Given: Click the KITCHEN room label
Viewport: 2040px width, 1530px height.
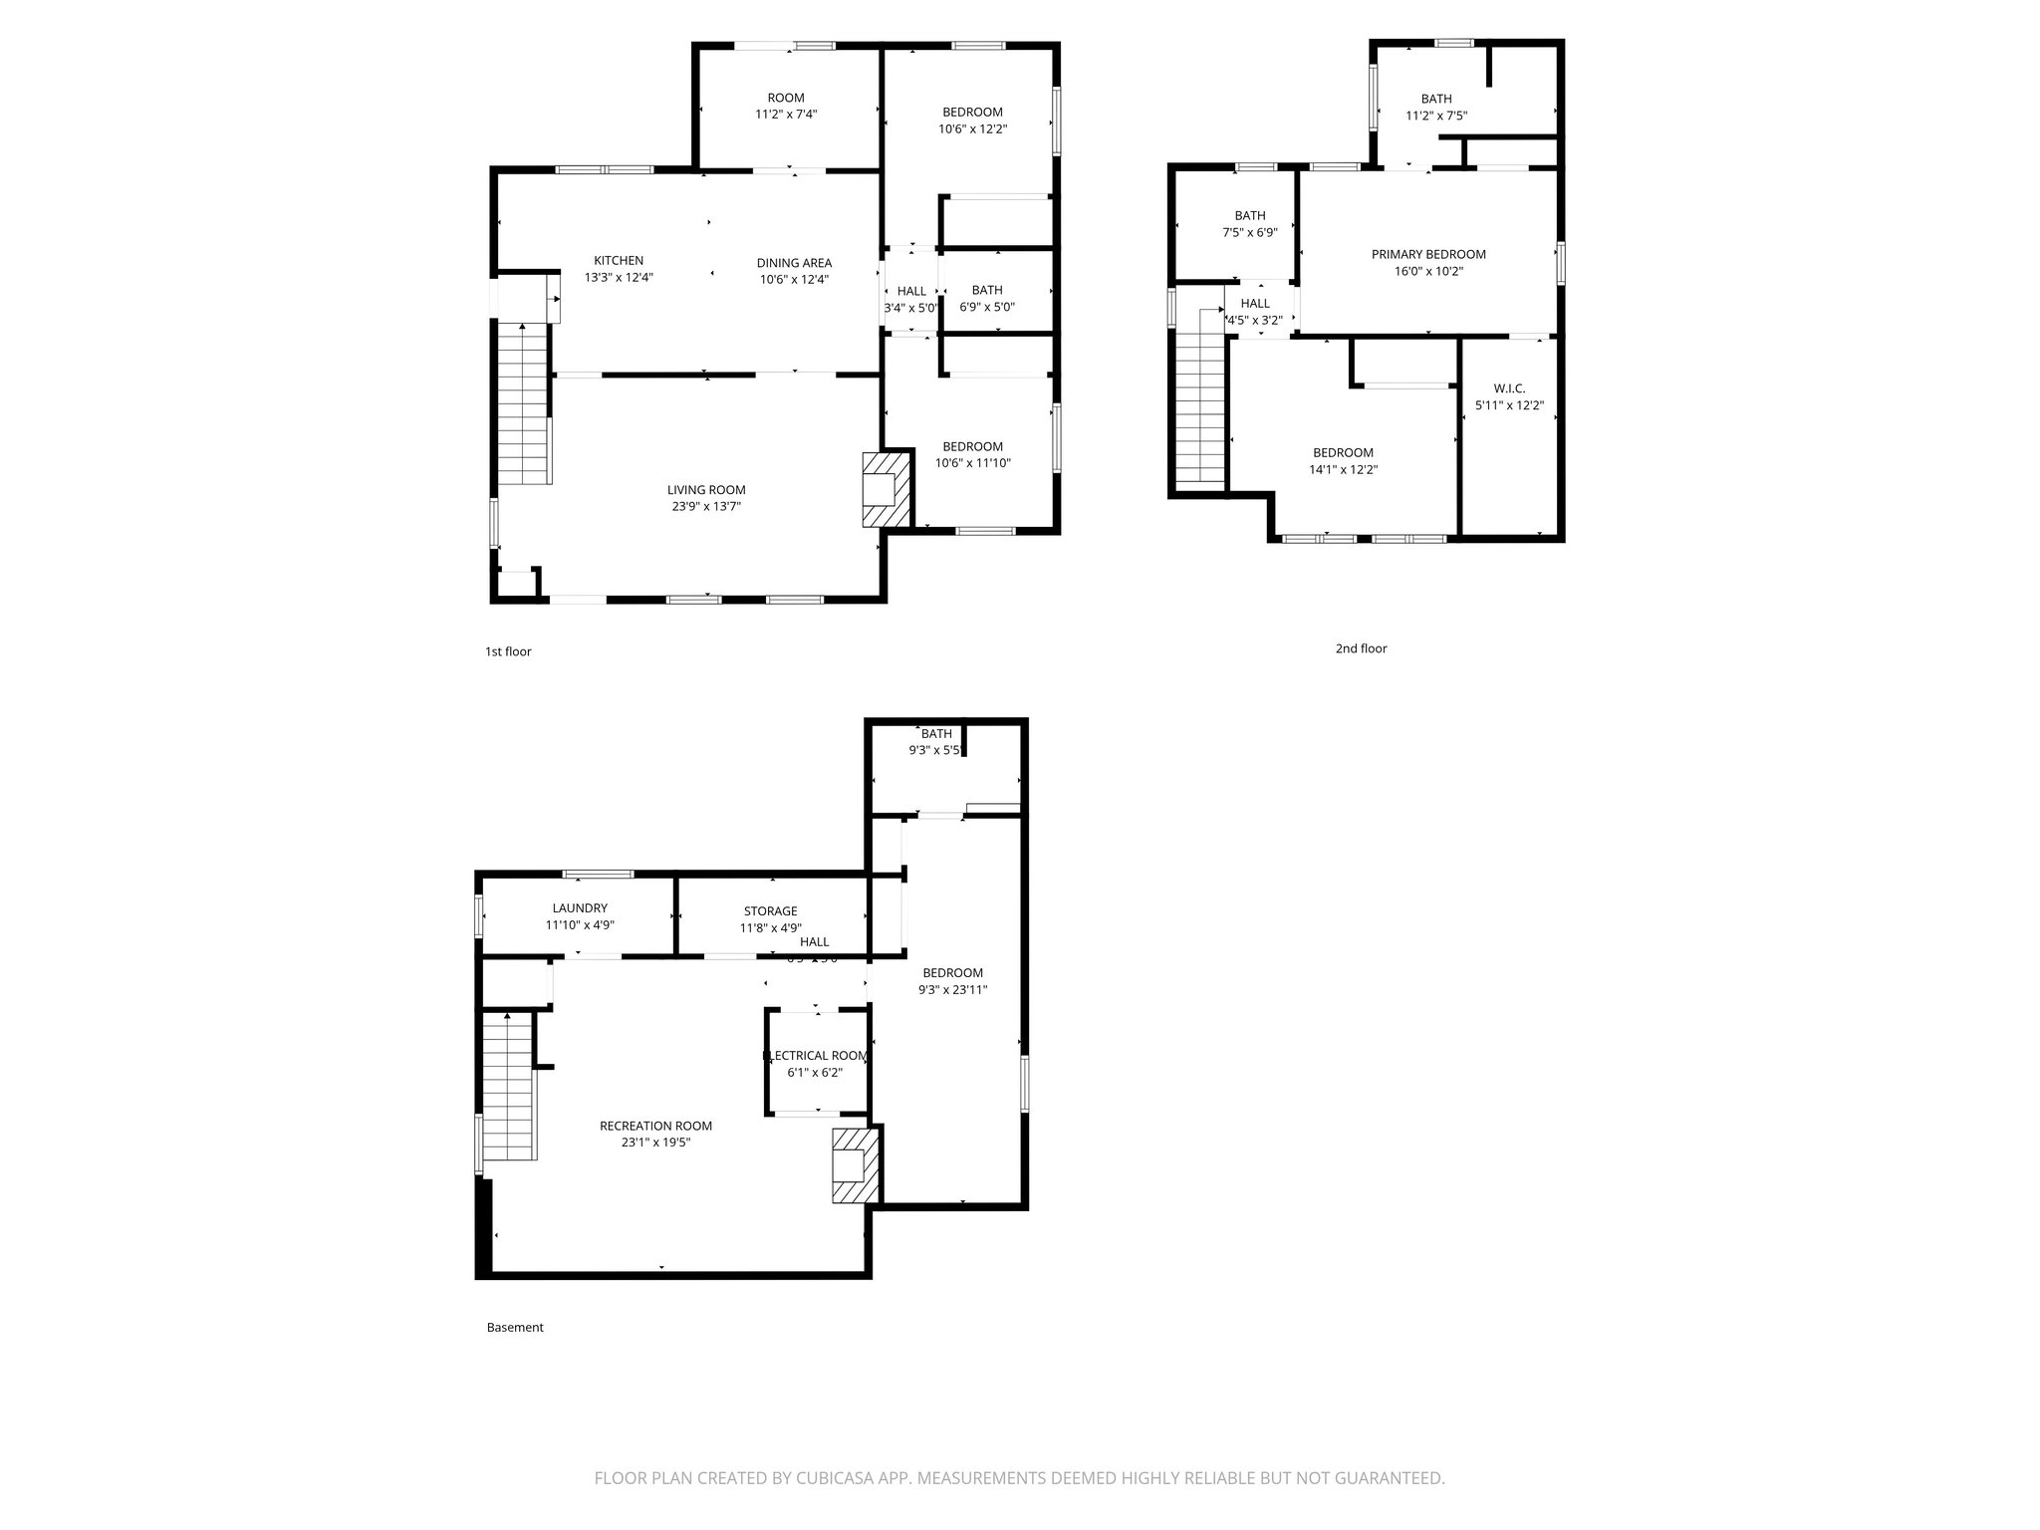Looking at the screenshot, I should click(619, 261).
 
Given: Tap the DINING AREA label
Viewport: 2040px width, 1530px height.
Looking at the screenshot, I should click(794, 263).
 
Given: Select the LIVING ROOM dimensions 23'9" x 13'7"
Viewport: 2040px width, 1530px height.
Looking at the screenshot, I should click(706, 506).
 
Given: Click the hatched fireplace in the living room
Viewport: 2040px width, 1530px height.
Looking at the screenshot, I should click(886, 489).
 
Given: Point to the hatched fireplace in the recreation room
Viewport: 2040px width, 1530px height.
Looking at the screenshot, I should click(856, 1164).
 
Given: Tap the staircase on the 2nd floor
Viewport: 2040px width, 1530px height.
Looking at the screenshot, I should click(1200, 398).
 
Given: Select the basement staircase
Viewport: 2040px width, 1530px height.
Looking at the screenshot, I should click(510, 1088).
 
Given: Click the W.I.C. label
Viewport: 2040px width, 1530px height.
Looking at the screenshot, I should click(1509, 388).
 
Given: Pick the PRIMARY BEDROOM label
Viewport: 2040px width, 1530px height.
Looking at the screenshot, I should click(1428, 254).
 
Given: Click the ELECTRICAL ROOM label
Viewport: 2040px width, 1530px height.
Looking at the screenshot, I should click(816, 1056).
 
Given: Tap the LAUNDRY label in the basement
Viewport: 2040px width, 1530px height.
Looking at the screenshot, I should click(580, 908).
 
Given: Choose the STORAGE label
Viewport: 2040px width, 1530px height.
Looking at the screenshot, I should click(770, 911).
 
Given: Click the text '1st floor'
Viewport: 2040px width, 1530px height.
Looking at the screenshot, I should click(508, 651).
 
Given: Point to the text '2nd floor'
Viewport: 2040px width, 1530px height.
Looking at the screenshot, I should click(1361, 648).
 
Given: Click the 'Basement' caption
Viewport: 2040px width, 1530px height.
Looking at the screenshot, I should click(515, 1328).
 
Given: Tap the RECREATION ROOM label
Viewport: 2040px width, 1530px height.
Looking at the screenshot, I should click(655, 1126).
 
